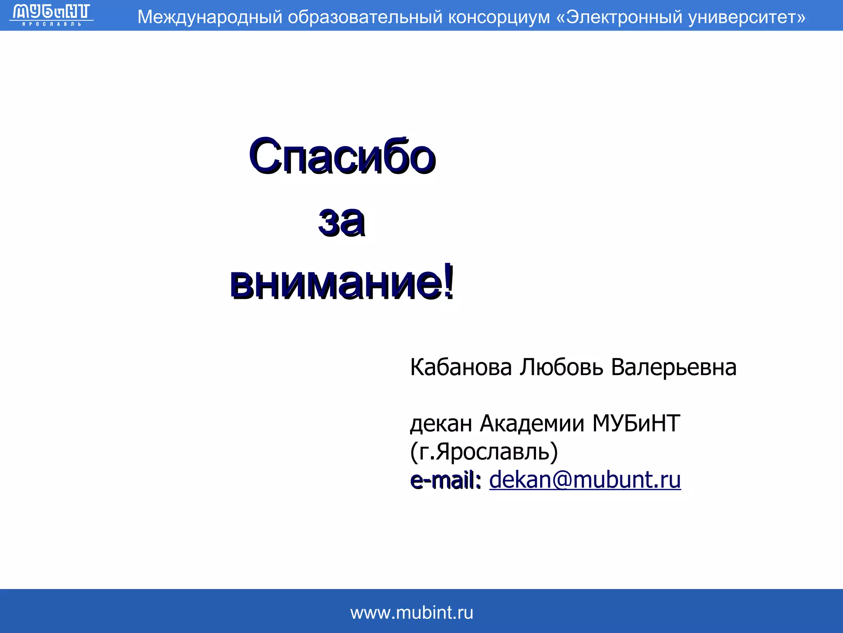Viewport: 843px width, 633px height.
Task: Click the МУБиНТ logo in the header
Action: tap(51, 15)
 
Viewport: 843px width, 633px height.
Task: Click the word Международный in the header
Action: tap(210, 17)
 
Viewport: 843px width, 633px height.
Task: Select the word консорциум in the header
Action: tap(499, 17)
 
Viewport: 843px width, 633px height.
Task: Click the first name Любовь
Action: tap(561, 367)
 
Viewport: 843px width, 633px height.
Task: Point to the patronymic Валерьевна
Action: tap(674, 367)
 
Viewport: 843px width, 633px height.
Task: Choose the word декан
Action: tap(441, 424)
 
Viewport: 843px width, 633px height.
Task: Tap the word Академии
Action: tap(532, 424)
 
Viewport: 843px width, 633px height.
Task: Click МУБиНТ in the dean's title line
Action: tap(636, 424)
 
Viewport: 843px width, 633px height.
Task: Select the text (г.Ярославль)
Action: tap(484, 452)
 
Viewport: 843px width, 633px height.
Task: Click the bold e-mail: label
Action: tap(445, 481)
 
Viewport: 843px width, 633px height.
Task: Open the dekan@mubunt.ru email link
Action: tap(585, 480)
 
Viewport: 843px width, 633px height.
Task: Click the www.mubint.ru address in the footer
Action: tap(412, 613)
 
